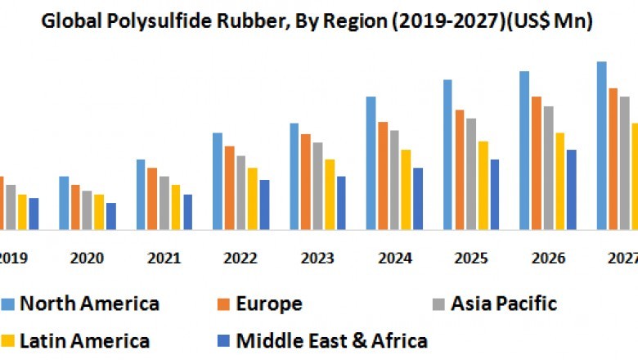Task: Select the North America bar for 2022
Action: tap(218, 181)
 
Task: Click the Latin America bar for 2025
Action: tap(483, 185)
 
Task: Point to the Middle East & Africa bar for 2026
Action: tap(572, 189)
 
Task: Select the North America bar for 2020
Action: tap(64, 203)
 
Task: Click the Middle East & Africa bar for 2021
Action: tap(188, 212)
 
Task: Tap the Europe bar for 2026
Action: tap(537, 163)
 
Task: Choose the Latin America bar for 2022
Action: tap(253, 198)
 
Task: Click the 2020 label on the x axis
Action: tap(87, 258)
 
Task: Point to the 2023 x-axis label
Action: tap(317, 258)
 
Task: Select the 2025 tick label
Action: tap(471, 258)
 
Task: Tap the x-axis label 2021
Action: tap(164, 258)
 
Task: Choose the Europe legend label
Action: tap(269, 304)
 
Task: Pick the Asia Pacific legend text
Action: tap(506, 304)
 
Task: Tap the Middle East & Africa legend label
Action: tap(332, 340)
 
